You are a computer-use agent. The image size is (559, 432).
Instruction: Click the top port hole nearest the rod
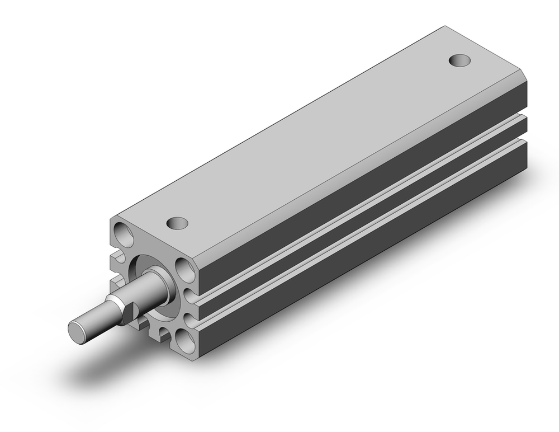[x=178, y=223]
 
